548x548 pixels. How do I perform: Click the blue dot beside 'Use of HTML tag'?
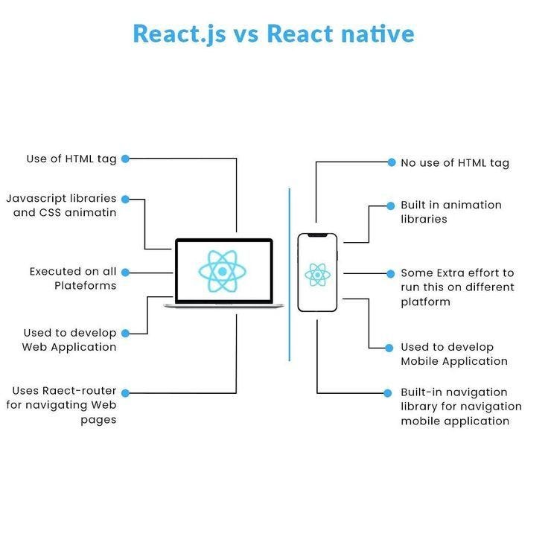[125, 159]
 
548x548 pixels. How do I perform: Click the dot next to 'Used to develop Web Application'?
[125, 333]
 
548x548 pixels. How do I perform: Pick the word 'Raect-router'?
[78, 391]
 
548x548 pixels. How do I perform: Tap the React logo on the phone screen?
[318, 275]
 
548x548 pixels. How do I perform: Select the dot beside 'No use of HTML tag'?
[391, 162]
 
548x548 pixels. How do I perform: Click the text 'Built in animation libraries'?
[450, 211]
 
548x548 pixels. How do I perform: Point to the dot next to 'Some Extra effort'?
[391, 273]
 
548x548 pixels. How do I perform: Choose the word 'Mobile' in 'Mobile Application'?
[422, 361]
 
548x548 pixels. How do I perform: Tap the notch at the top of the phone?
[318, 236]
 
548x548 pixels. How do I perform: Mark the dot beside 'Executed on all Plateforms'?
[125, 272]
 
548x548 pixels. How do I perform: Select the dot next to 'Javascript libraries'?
[125, 199]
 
